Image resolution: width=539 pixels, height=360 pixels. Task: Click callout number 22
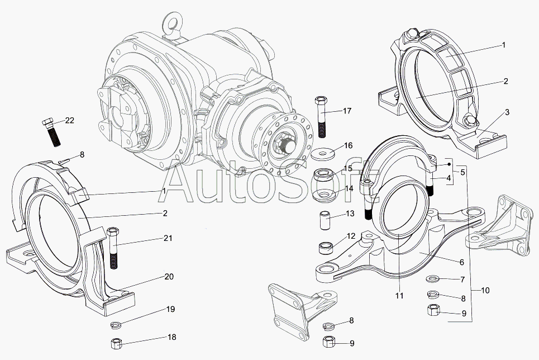click(x=69, y=120)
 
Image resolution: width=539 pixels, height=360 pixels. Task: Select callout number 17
click(x=347, y=111)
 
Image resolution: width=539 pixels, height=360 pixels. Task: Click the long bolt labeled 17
click(x=322, y=117)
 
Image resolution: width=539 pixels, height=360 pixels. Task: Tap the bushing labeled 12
click(x=326, y=246)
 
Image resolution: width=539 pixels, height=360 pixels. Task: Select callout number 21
click(x=168, y=238)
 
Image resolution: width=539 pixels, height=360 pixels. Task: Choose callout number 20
click(x=169, y=276)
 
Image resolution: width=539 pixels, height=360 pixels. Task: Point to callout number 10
click(x=484, y=290)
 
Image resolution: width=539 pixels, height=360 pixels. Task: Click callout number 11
click(x=399, y=296)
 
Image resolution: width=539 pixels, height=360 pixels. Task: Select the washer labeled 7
click(x=432, y=279)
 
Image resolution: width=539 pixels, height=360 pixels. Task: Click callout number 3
click(x=507, y=112)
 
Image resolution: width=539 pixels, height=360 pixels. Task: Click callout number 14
click(x=349, y=188)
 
